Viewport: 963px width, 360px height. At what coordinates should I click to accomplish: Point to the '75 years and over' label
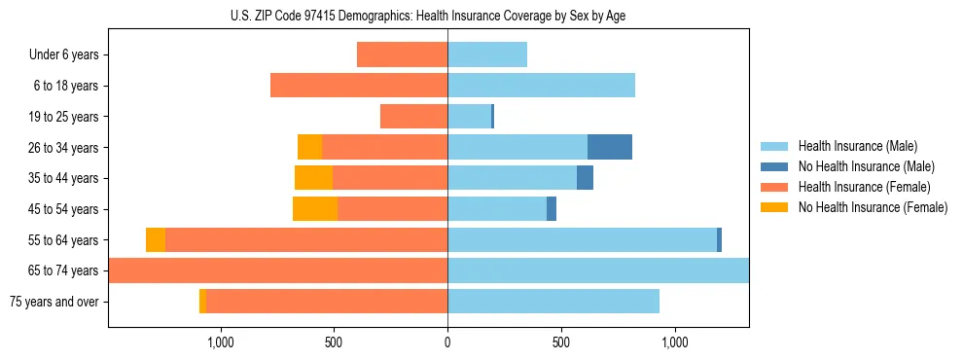click(x=53, y=302)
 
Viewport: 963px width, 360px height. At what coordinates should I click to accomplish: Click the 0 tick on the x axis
click(x=447, y=342)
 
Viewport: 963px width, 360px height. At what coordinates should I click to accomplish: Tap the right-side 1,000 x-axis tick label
click(x=674, y=342)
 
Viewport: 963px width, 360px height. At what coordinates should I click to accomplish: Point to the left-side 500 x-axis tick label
click(x=334, y=342)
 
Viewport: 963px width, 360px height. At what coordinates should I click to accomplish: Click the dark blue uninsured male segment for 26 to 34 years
click(x=610, y=147)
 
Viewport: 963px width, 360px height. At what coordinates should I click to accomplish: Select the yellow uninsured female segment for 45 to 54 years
click(x=315, y=209)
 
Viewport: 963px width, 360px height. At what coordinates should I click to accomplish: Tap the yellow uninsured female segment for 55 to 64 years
click(x=156, y=239)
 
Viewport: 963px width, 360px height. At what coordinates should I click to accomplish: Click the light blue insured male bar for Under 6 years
click(x=487, y=54)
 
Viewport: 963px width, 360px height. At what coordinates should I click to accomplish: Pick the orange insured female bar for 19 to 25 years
click(x=413, y=117)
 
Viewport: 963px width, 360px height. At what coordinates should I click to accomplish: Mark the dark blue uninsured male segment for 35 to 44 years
click(x=585, y=178)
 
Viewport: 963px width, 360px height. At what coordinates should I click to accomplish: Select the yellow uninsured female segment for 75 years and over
click(x=202, y=302)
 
